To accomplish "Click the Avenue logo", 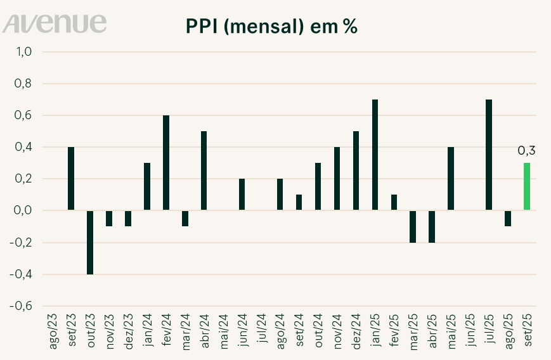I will tap(55, 23).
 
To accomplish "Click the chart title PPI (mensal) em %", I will tap(273, 27).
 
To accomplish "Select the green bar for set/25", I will tap(527, 186).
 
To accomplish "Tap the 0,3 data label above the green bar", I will tap(527, 150).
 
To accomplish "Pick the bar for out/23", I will tap(90, 242).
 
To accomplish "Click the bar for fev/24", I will tap(166, 163).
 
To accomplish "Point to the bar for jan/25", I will tap(375, 155).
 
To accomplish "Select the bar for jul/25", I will tap(489, 155).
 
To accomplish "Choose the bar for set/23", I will tap(71, 179).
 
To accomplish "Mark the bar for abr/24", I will tap(204, 170).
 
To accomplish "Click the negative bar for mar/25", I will tap(413, 226).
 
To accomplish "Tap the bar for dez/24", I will tap(356, 170).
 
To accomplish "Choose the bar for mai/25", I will tap(451, 179).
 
